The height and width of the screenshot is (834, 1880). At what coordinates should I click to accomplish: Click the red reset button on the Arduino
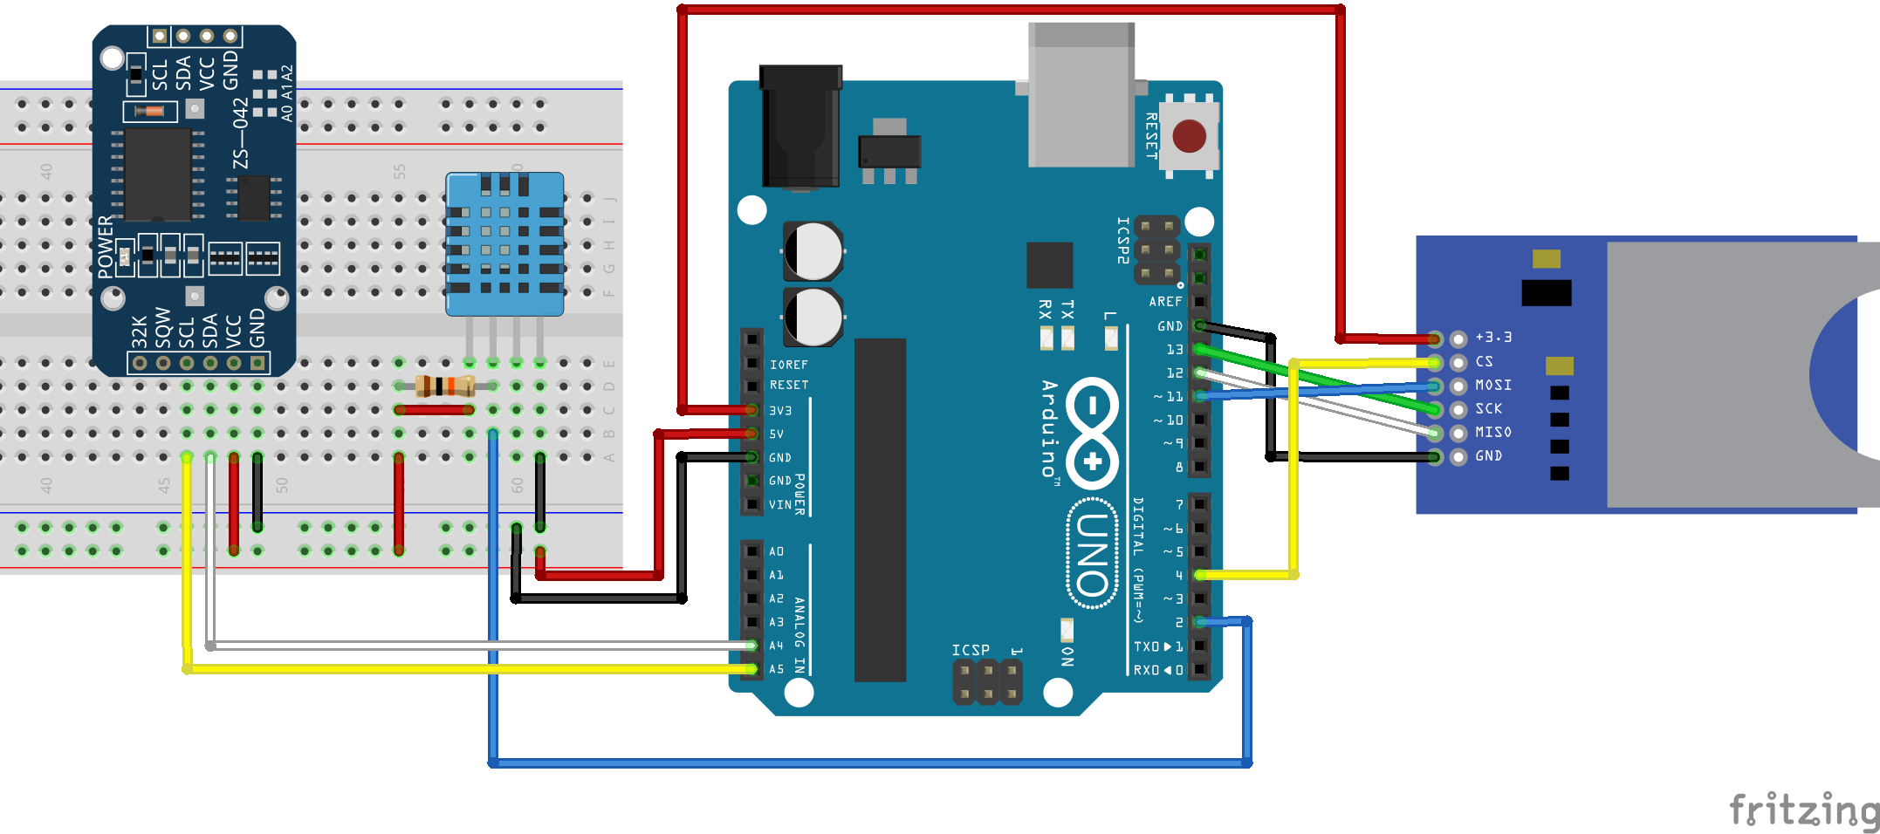tap(1189, 136)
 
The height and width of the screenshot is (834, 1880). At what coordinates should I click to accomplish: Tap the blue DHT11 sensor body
tap(504, 244)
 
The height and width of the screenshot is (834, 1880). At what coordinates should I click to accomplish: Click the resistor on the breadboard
tap(444, 386)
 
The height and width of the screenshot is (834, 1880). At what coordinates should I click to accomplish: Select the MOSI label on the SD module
tap(1492, 385)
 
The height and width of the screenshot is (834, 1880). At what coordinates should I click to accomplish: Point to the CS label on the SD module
tap(1484, 361)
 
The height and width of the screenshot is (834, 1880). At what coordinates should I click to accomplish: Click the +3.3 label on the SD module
tap(1493, 337)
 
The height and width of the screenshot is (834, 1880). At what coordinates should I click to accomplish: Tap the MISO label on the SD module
tap(1492, 432)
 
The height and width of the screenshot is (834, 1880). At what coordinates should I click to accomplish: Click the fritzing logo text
tap(1803, 810)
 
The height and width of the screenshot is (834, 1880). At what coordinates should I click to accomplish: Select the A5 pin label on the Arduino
tap(776, 669)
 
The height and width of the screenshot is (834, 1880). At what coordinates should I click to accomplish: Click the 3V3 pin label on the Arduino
tap(779, 410)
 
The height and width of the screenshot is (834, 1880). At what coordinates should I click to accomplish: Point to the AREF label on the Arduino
tap(1165, 302)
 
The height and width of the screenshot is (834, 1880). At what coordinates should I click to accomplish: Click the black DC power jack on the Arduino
tap(800, 126)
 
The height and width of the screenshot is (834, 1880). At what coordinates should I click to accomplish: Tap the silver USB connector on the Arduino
tap(1081, 96)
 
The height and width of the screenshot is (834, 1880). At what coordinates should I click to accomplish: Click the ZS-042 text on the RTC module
tap(241, 133)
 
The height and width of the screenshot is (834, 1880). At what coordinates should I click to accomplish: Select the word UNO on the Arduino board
tap(1092, 554)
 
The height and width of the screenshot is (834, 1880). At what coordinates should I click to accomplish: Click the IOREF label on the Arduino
tap(788, 365)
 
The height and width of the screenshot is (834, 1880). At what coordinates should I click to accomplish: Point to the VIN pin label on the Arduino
tap(779, 504)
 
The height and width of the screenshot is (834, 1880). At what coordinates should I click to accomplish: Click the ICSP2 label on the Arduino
tap(1123, 240)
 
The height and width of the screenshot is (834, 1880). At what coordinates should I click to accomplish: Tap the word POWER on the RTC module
tap(106, 247)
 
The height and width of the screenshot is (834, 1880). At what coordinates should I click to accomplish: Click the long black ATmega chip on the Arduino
tap(880, 510)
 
